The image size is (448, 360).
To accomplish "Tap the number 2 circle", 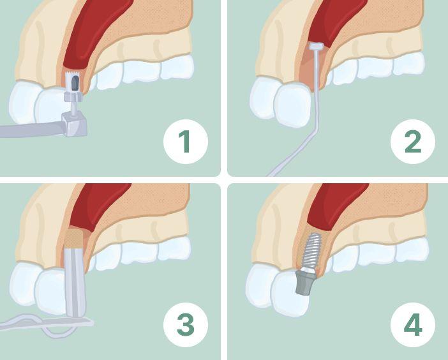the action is pos(412,142).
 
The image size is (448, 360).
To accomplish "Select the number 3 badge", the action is pos(186,325).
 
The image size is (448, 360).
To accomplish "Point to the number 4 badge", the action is pos(412,325).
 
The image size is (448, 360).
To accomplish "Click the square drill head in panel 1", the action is pos(75,124).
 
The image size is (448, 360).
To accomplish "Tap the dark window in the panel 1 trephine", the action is pos(74,84).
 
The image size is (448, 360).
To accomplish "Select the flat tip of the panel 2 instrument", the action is pos(316,46).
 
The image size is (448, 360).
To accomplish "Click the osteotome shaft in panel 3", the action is pos(74,282).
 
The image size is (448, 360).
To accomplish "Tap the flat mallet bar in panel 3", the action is pos(47,324).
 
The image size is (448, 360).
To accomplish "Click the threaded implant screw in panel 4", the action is pos(311,251).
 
